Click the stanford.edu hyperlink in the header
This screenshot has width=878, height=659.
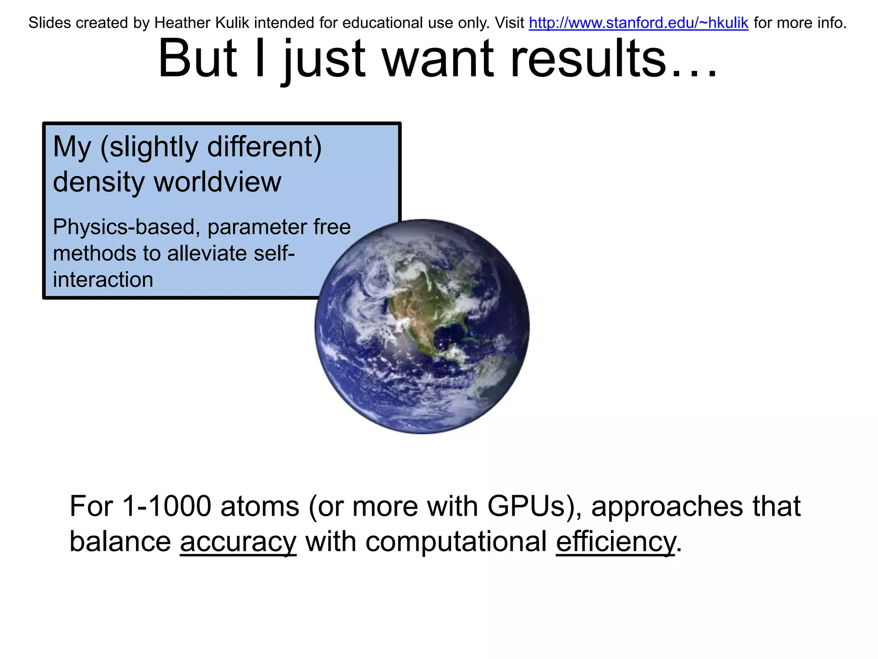click(x=638, y=23)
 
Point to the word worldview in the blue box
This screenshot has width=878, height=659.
click(x=217, y=182)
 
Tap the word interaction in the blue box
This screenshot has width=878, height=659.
click(x=103, y=280)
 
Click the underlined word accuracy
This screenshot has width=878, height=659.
click(x=238, y=542)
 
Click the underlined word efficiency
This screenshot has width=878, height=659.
click(x=616, y=542)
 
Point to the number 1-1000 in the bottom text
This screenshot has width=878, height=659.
click(x=167, y=506)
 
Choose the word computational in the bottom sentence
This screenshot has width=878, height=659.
click(x=456, y=542)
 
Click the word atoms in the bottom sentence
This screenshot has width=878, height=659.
click(x=260, y=506)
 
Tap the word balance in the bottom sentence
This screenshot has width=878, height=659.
click(x=120, y=542)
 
